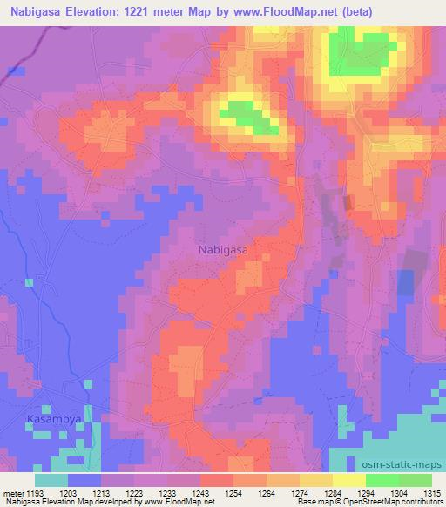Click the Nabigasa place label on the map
pos(223,249)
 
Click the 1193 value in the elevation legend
pos(36,493)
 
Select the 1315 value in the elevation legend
pos(432,493)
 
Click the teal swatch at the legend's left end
pos(51,480)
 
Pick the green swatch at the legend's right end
pos(415,480)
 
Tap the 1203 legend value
pos(68,493)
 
